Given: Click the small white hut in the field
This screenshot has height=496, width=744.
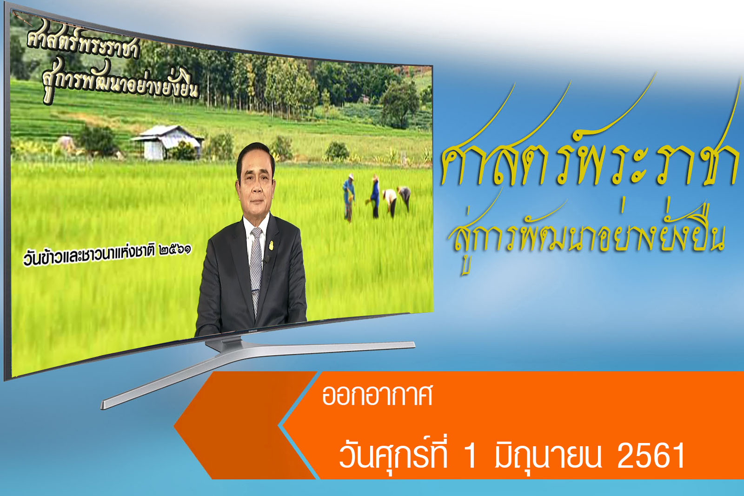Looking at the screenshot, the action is [167, 142].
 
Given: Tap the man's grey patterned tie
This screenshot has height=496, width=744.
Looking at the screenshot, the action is [256, 268].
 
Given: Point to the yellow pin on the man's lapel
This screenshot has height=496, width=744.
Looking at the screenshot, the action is [272, 245].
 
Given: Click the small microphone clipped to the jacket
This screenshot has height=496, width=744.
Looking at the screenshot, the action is [266, 259].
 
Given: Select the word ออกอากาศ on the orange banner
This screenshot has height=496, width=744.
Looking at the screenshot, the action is [377, 396].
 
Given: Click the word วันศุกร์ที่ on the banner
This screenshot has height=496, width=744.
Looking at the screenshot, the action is [393, 453].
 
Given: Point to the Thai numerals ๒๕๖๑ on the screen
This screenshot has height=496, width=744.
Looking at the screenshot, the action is [175, 249].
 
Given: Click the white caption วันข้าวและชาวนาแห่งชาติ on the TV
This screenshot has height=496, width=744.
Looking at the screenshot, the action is [89, 256].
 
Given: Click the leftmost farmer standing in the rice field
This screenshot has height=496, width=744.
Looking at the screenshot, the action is [348, 197].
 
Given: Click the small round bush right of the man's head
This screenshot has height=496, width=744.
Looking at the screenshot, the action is [337, 152].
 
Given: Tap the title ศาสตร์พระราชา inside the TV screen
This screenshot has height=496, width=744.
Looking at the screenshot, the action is [83, 44].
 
